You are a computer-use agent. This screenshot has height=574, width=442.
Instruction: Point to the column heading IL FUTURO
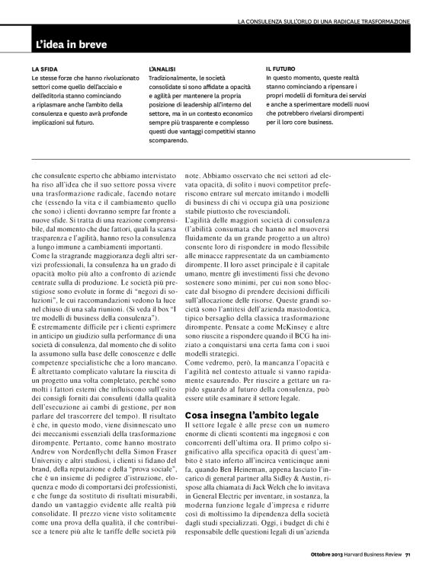coord(280,69)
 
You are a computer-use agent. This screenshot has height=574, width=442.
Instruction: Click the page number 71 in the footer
coord(408,564)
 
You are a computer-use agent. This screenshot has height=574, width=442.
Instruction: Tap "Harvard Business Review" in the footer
coord(370,564)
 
